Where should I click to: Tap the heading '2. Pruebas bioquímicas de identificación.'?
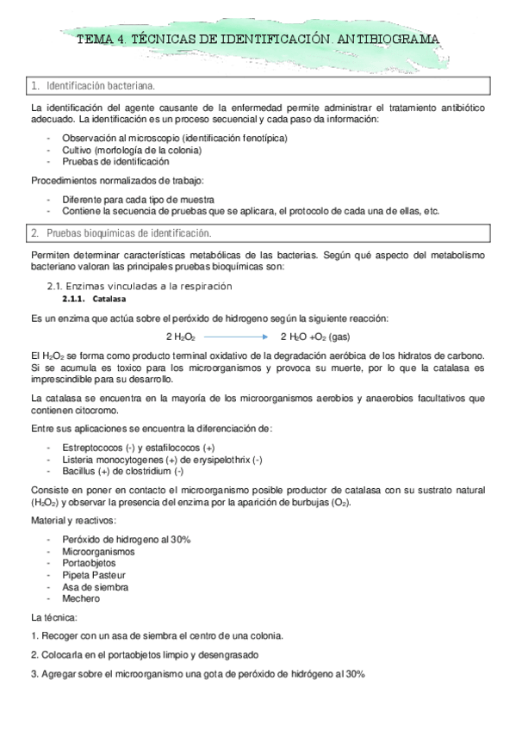[x=126, y=232]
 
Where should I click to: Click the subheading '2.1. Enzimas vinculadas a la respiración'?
[x=139, y=285]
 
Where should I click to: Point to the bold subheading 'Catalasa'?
[x=109, y=298]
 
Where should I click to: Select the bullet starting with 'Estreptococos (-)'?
[x=138, y=448]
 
